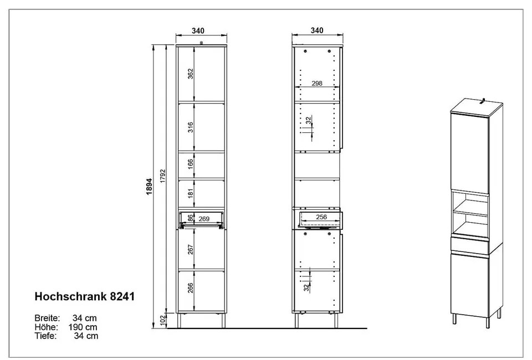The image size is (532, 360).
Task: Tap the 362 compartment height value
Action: pyautogui.click(x=190, y=75)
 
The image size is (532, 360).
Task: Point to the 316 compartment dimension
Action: pyautogui.click(x=190, y=127)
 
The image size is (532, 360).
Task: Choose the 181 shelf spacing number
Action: pyautogui.click(x=190, y=194)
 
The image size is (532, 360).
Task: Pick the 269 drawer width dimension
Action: pyautogui.click(x=204, y=219)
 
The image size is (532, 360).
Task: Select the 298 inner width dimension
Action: pyautogui.click(x=316, y=83)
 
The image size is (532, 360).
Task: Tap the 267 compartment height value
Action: pyautogui.click(x=190, y=249)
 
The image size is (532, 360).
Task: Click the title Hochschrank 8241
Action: pyautogui.click(x=84, y=296)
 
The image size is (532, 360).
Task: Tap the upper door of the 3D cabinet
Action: pyautogui.click(x=469, y=151)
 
